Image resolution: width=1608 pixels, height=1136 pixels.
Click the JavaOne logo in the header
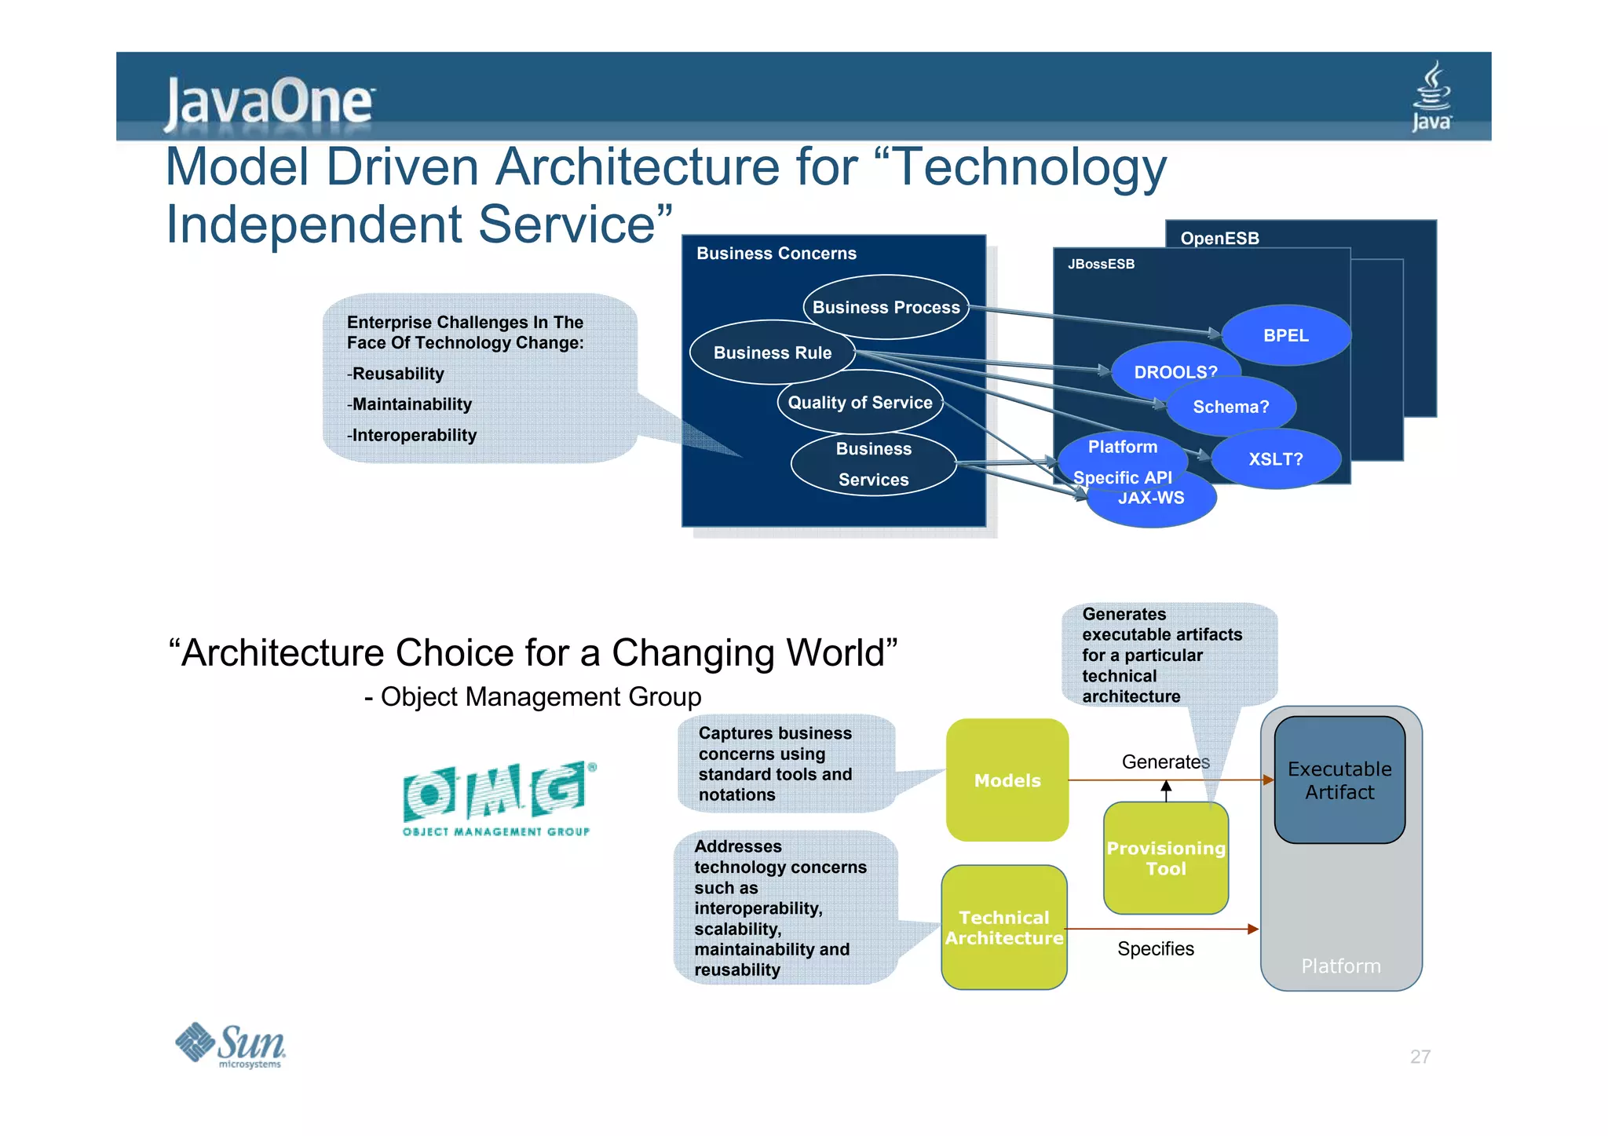(x=269, y=102)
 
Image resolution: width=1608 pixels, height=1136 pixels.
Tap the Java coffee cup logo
(x=1431, y=97)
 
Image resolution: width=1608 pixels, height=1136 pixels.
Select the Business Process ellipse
(x=886, y=307)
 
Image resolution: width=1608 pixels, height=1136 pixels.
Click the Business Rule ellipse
(x=772, y=352)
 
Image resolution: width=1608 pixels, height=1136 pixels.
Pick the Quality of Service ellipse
(x=860, y=402)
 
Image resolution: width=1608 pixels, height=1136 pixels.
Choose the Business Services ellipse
(x=873, y=464)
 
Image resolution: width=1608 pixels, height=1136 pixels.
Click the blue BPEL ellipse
(x=1285, y=335)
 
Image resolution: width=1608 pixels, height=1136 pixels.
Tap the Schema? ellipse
(x=1230, y=407)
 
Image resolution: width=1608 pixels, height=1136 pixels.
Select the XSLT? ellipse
(x=1275, y=459)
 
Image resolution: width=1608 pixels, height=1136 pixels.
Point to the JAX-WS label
(x=1151, y=499)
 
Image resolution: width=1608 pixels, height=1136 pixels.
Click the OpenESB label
(x=1219, y=238)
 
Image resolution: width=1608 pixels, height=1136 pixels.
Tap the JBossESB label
(x=1101, y=264)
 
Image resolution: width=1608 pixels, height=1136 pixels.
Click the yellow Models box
(x=1007, y=780)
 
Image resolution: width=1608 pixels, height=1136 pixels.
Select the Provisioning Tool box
(x=1165, y=858)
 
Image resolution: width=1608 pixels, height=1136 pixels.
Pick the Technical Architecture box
(x=1003, y=927)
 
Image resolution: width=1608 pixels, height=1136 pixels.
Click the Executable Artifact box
(x=1339, y=780)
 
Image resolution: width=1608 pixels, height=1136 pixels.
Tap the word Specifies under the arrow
(x=1155, y=949)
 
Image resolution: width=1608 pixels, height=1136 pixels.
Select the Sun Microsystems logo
(x=231, y=1046)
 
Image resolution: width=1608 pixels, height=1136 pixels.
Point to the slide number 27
(x=1420, y=1057)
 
